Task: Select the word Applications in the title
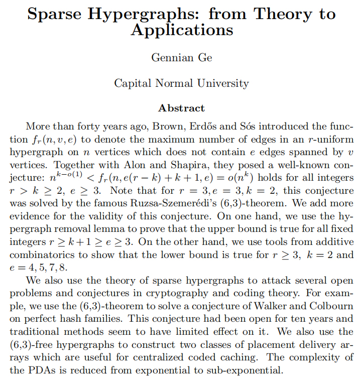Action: coord(182,30)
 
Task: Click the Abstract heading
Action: coord(181,108)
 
